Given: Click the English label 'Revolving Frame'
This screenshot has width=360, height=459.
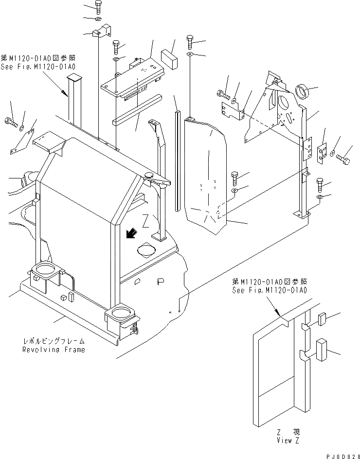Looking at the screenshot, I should tap(53, 350).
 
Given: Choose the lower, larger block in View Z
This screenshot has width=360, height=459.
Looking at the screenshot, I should tap(323, 350).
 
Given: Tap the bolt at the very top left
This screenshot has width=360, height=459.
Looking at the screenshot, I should tap(97, 7).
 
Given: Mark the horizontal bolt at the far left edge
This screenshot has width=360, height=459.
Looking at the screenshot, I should tap(10, 122).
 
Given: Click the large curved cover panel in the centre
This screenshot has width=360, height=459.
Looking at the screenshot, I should tap(205, 175).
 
